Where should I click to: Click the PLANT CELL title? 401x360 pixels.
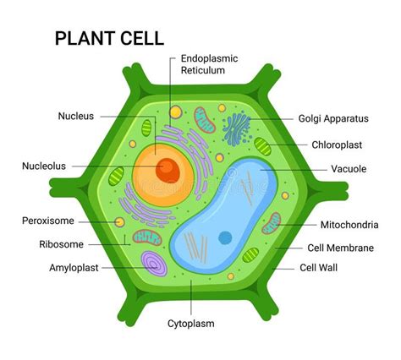(x=109, y=38)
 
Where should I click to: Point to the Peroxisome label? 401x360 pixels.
(x=48, y=221)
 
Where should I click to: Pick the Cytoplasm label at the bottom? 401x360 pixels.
(x=190, y=323)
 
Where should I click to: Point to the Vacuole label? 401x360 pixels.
(x=349, y=169)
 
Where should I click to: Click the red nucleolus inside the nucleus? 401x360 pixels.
(x=168, y=170)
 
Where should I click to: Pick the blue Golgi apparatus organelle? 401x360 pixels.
(x=238, y=128)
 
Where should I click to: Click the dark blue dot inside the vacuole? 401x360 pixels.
(x=224, y=237)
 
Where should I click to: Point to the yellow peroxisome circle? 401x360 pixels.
(x=120, y=222)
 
